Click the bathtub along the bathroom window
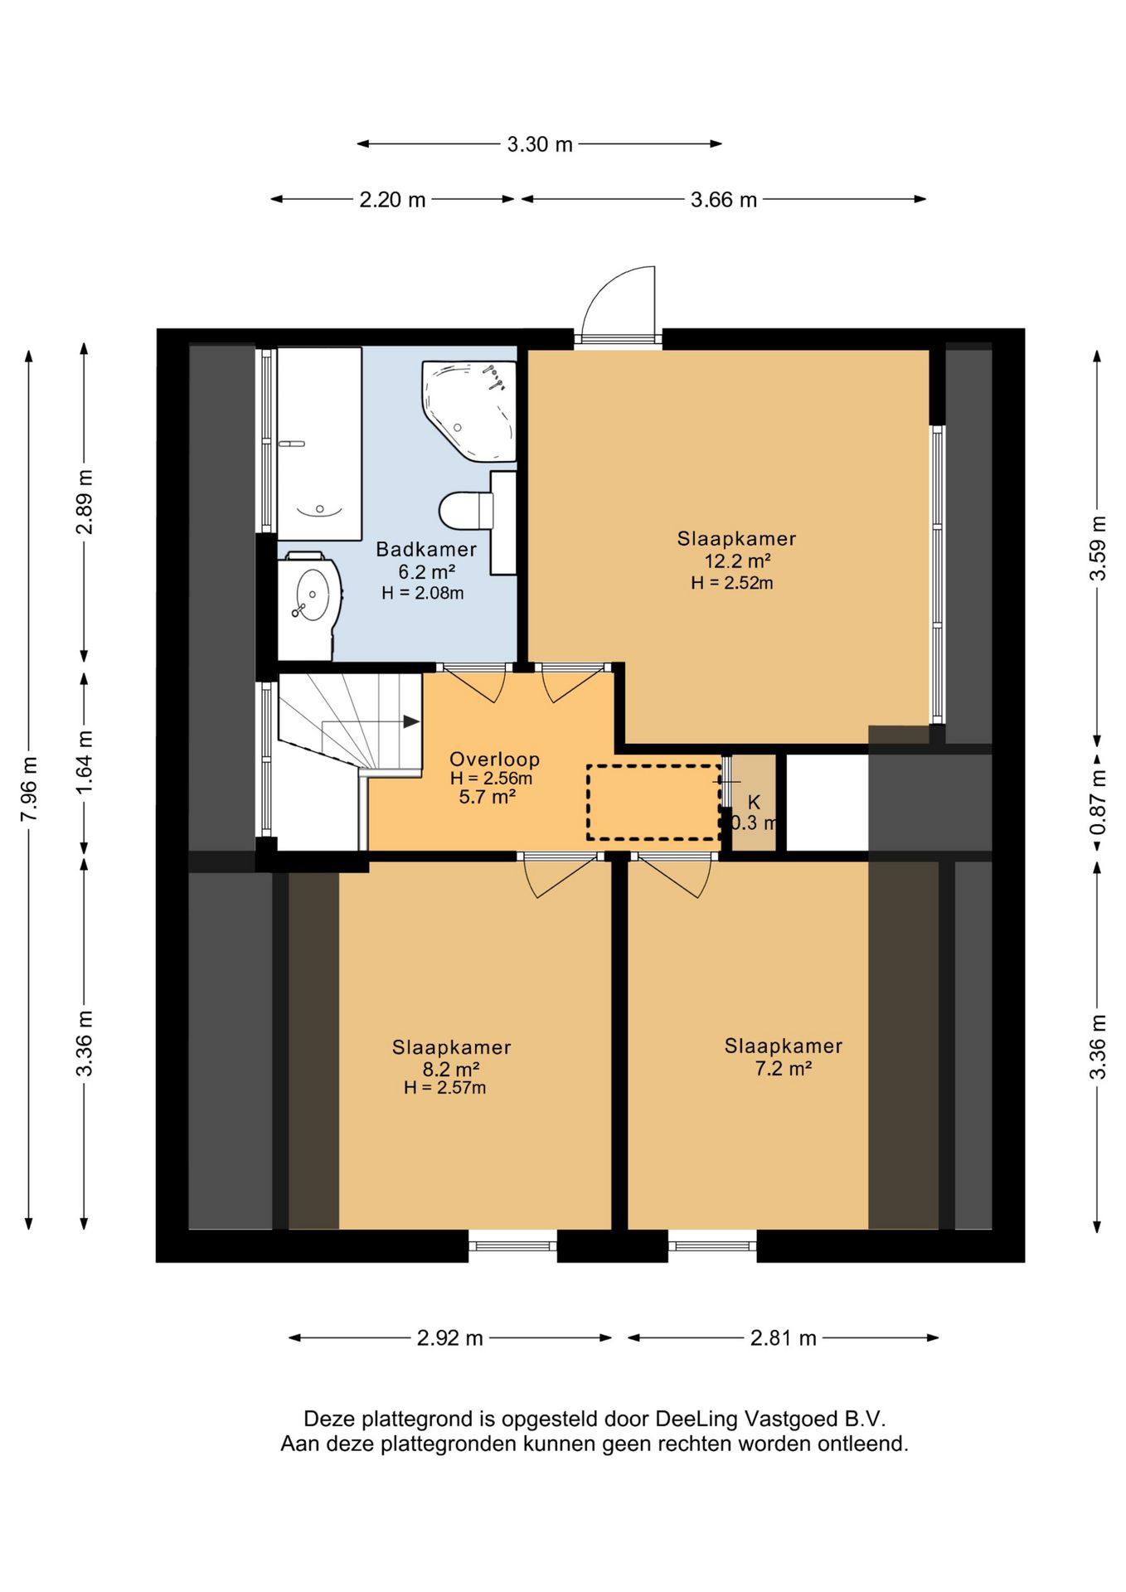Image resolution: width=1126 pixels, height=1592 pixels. pyautogui.click(x=319, y=444)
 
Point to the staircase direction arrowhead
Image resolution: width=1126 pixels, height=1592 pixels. pyautogui.click(x=411, y=721)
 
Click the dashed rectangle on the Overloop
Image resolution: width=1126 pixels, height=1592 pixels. pyautogui.click(x=653, y=803)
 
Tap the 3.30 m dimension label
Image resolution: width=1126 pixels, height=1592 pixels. pyautogui.click(x=540, y=144)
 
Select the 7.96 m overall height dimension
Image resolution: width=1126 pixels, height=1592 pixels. pyautogui.click(x=29, y=789)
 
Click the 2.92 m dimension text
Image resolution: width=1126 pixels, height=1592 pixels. pyautogui.click(x=449, y=1337)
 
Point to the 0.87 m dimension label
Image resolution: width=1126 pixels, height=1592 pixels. pyautogui.click(x=1098, y=803)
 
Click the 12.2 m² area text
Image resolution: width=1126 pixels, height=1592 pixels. pyautogui.click(x=737, y=561)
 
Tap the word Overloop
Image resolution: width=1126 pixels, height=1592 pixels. pyautogui.click(x=494, y=759)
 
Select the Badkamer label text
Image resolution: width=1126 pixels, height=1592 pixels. pyautogui.click(x=426, y=549)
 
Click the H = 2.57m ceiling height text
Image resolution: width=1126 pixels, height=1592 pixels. pyautogui.click(x=445, y=1088)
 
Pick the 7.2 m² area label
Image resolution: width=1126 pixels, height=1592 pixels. pyautogui.click(x=783, y=1068)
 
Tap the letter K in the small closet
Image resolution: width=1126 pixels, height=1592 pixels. pyautogui.click(x=754, y=802)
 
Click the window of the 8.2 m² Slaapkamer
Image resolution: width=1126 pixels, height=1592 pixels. pyautogui.click(x=512, y=1245)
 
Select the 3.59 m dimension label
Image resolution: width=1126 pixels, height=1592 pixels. pyautogui.click(x=1098, y=547)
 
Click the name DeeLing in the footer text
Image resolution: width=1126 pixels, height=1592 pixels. pyautogui.click(x=696, y=1419)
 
